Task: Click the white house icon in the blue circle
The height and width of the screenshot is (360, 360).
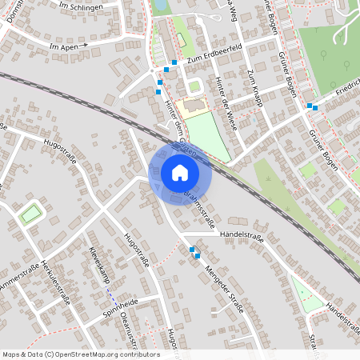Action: coord(179,172)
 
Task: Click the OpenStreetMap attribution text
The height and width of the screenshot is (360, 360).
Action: coord(80,354)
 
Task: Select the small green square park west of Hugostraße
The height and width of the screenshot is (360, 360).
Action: coord(30,214)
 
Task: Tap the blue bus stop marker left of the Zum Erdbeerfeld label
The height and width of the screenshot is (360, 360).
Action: coord(174,62)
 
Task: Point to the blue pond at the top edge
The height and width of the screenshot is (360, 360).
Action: coord(160,5)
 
